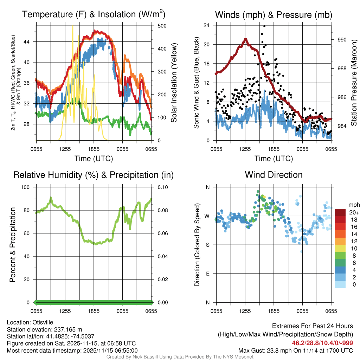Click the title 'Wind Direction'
click(x=274, y=175)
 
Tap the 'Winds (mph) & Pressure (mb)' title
click(x=274, y=15)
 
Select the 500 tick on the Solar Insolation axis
click(x=162, y=26)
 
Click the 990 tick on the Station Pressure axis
click(x=342, y=40)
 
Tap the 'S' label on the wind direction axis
click(x=207, y=245)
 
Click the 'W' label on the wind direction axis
click(x=207, y=216)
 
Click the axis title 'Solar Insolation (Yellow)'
click(x=174, y=83)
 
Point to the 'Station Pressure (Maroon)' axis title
click(x=354, y=83)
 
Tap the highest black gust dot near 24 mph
click(x=264, y=26)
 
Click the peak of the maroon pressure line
click(x=246, y=39)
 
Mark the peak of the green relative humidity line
click(x=51, y=198)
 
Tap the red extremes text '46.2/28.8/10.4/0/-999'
click(x=322, y=343)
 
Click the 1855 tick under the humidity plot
click(x=94, y=311)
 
